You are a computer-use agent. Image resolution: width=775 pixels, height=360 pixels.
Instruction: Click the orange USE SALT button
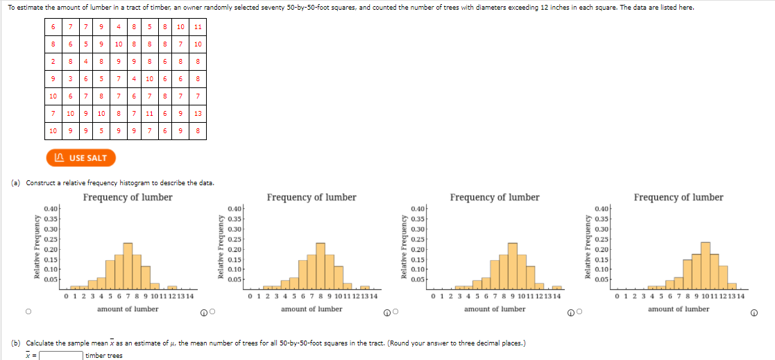pyautogui.click(x=80, y=157)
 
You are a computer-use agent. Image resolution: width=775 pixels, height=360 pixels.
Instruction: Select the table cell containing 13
pyautogui.click(x=198, y=114)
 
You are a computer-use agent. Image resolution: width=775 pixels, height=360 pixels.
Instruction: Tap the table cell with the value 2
pyautogui.click(x=53, y=61)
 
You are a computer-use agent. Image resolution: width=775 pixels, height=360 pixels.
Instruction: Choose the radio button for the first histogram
pyautogui.click(x=28, y=312)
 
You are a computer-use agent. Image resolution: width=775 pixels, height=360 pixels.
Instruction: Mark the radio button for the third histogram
pyautogui.click(x=395, y=312)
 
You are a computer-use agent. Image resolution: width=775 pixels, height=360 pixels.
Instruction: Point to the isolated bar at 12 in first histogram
pyautogui.click(x=172, y=286)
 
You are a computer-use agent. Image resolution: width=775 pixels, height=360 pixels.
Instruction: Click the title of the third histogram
pyautogui.click(x=495, y=198)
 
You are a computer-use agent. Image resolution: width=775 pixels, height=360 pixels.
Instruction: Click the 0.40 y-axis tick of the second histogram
pyautogui.click(x=235, y=209)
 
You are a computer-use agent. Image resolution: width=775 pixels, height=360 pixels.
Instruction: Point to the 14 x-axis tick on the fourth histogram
pyautogui.click(x=740, y=296)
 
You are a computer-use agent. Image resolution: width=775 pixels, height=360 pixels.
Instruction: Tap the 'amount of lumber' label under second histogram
pyautogui.click(x=312, y=309)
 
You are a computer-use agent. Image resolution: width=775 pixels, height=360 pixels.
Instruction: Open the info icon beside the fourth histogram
pyautogui.click(x=753, y=312)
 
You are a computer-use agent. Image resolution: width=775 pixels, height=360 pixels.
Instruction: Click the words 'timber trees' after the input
pyautogui.click(x=104, y=355)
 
